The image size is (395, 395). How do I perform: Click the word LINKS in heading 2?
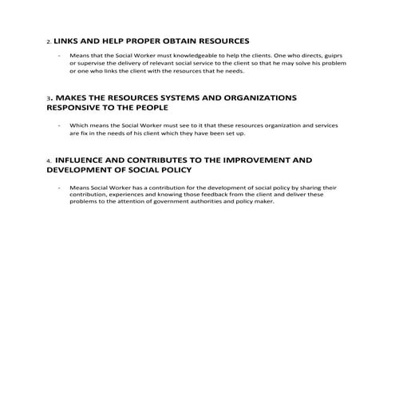pyautogui.click(x=68, y=40)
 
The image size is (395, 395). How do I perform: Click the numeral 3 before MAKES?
pyautogui.click(x=49, y=99)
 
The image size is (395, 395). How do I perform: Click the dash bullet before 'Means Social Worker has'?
pyautogui.click(x=60, y=187)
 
